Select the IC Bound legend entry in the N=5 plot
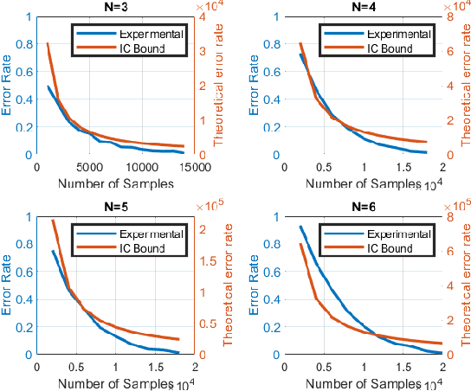[130, 249]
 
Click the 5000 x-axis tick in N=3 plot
[88, 168]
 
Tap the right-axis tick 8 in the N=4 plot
[449, 16]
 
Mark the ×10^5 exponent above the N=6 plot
[452, 204]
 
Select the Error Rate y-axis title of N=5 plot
[9, 285]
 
